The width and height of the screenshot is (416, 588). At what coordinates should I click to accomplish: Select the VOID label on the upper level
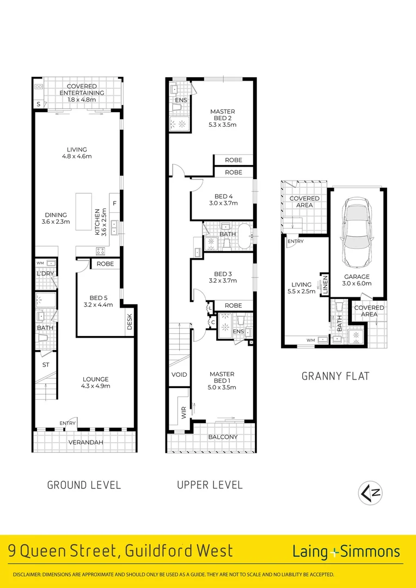pos(179,375)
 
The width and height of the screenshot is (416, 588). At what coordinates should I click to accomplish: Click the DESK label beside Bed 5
pos(130,322)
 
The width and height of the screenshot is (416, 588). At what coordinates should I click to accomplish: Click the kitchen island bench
pos(84,212)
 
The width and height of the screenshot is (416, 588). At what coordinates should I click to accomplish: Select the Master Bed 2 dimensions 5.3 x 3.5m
pos(223,125)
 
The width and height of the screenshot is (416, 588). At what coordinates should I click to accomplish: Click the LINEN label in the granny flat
pos(325,285)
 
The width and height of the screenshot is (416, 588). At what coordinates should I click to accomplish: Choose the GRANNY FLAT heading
pos(335,376)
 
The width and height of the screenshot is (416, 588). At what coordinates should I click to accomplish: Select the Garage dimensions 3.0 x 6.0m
pos(357,284)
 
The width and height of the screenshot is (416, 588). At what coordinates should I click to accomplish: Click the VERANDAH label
pos(86,443)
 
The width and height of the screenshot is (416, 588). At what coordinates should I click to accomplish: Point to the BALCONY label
pos(223,437)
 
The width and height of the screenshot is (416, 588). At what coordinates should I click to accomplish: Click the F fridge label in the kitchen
pos(115,204)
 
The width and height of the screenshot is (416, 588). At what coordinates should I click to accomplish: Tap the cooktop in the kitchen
pos(101,251)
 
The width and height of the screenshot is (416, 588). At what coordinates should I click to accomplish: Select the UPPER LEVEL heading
pos(210,485)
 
